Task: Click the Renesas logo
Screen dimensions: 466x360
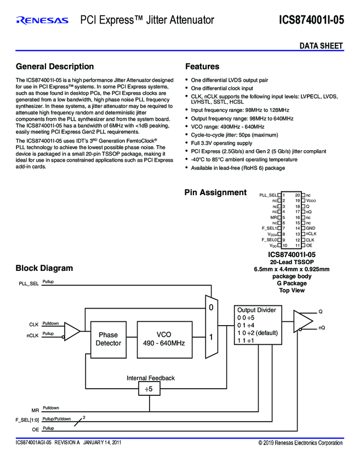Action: coord(42,21)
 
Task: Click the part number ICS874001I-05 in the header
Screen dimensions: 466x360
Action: coord(311,21)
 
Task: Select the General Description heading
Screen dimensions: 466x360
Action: coord(55,66)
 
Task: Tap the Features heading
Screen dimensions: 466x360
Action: coord(202,66)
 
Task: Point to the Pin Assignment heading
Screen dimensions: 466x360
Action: coord(215,192)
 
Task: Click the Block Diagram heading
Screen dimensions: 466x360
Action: coord(44,268)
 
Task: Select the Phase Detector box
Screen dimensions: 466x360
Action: coord(108,339)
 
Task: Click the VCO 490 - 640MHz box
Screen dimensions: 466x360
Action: coord(164,339)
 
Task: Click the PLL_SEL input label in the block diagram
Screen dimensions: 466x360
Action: coord(28,284)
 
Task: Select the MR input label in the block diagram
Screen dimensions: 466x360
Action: coord(35,410)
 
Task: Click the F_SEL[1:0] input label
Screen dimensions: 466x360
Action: coord(27,420)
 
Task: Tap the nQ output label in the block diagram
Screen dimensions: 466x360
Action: coord(322,327)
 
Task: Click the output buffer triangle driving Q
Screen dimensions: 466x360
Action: coord(301,321)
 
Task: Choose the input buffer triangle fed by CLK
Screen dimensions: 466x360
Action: coord(72,331)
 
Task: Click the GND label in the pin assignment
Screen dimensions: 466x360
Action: coord(310,228)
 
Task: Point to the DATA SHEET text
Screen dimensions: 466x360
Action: coord(321,46)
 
